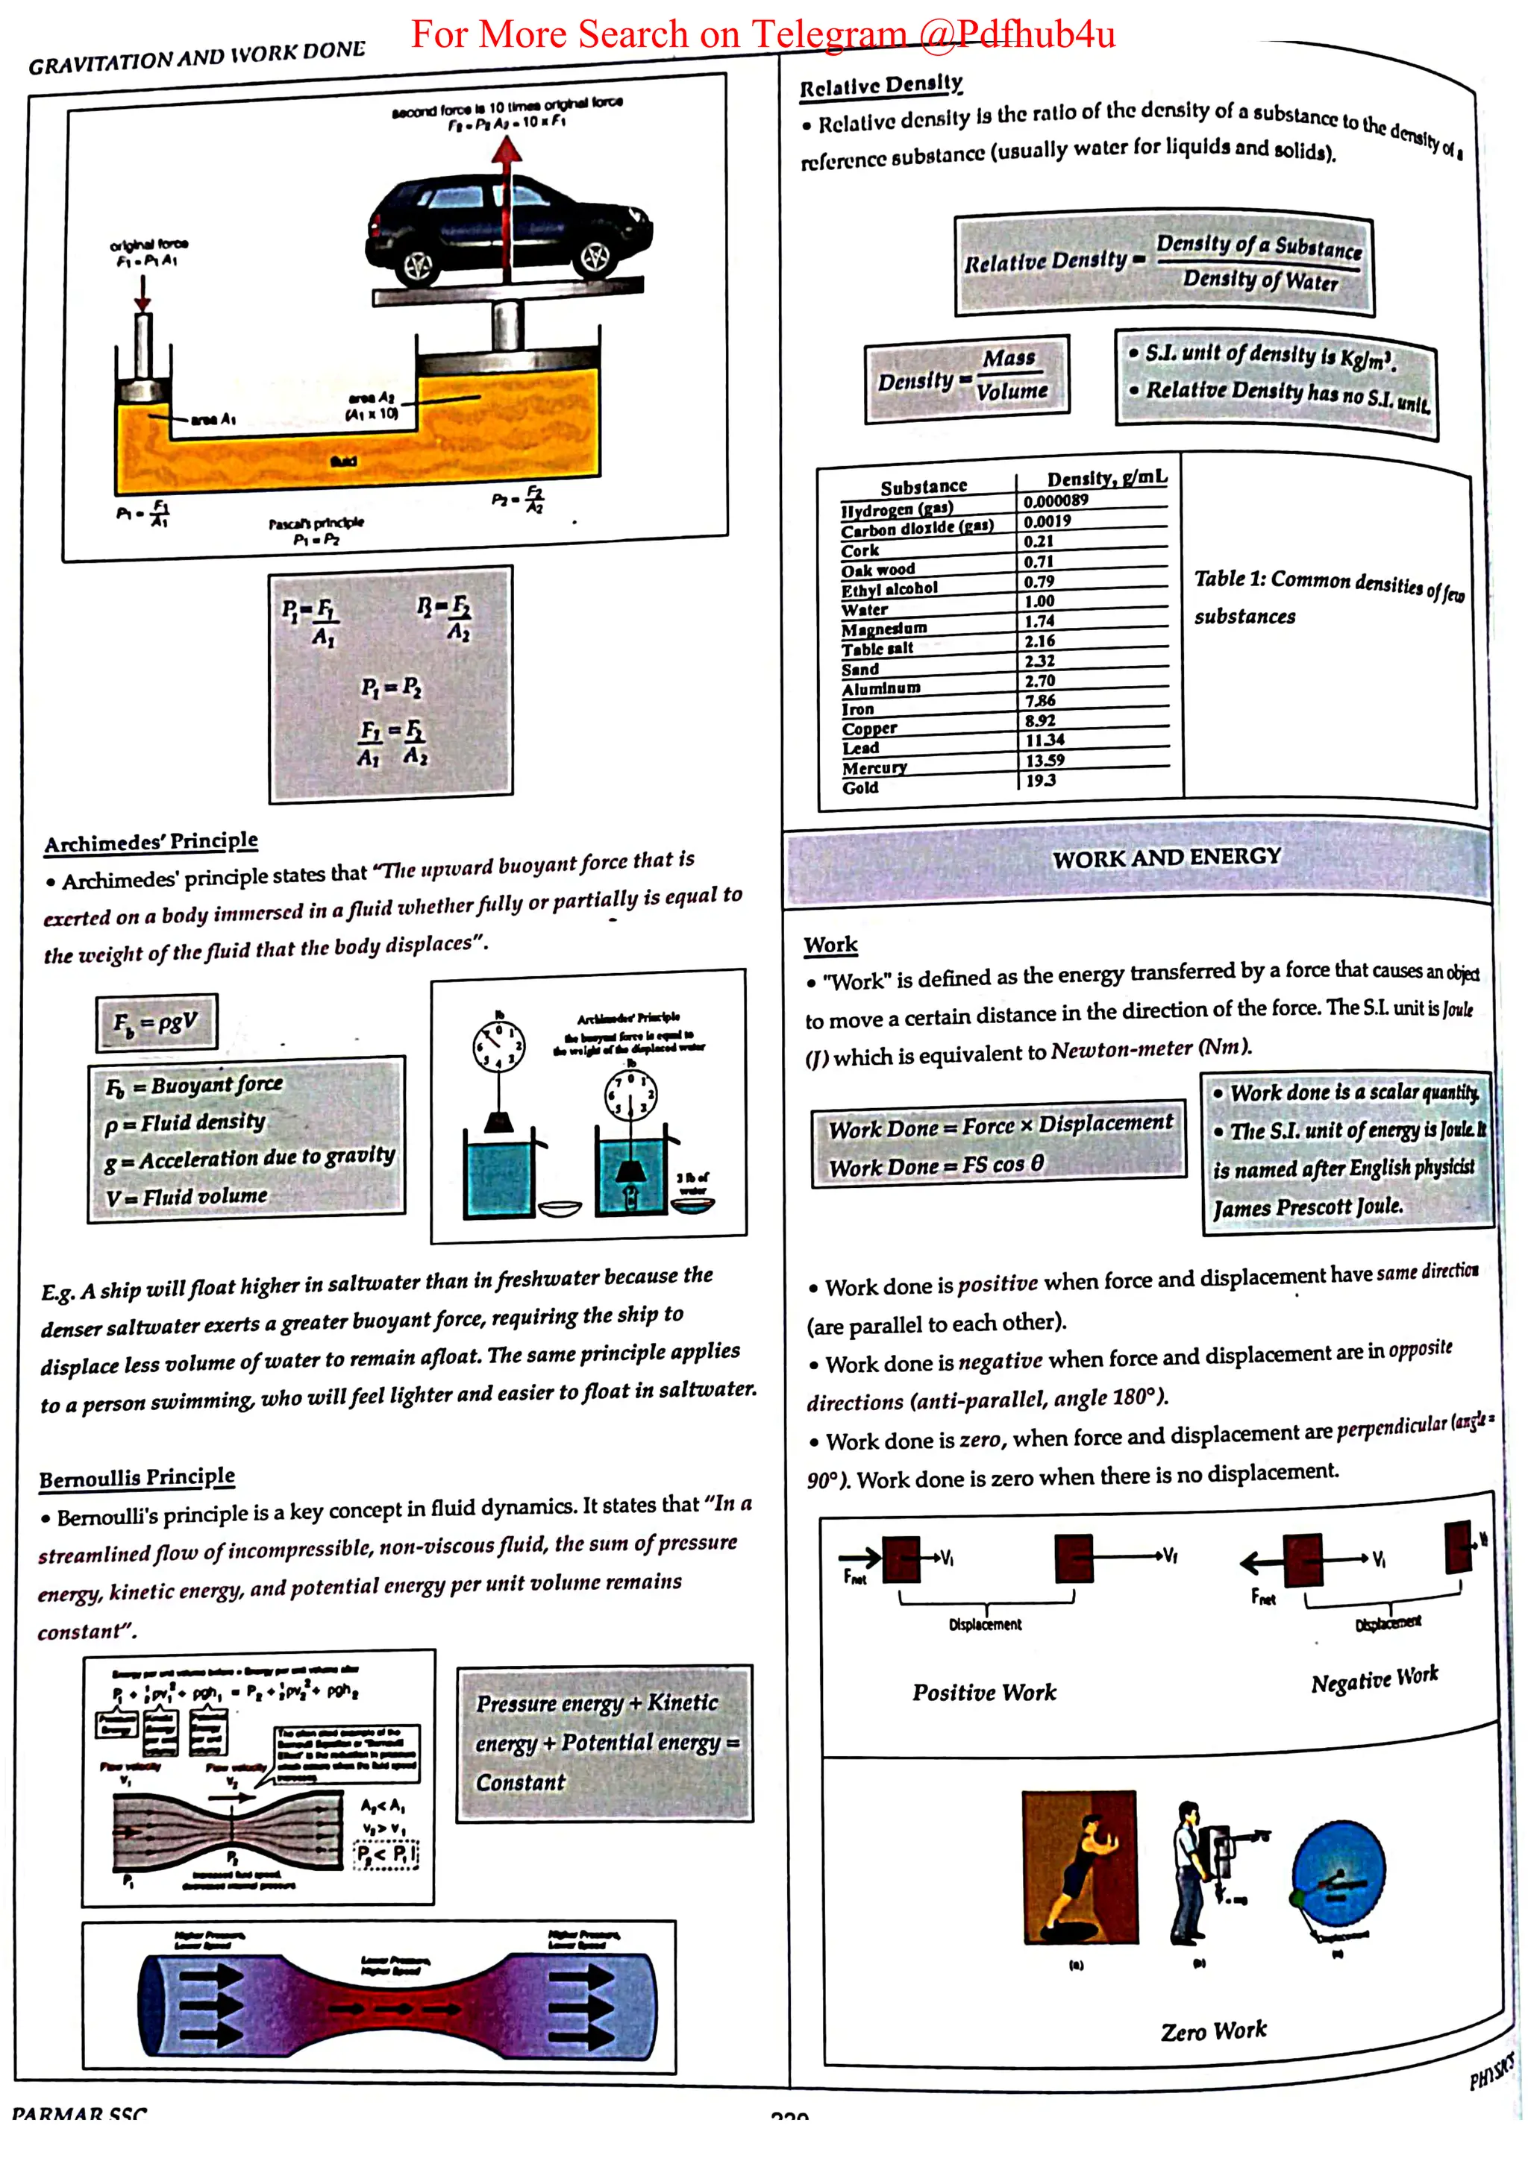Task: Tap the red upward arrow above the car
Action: pos(507,151)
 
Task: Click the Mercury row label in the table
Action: pos(874,768)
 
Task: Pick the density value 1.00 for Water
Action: pos(1039,602)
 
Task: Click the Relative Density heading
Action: pos(880,86)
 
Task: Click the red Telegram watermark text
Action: pos(763,35)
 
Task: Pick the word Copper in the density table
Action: pos(869,729)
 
